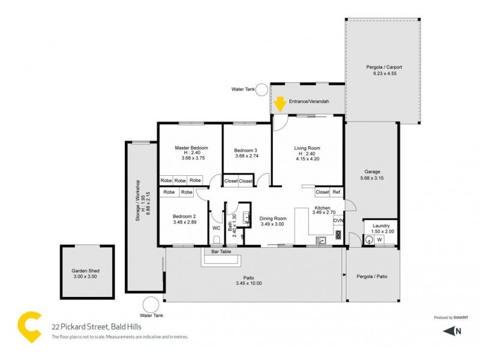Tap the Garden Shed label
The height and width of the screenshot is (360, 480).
pos(85,271)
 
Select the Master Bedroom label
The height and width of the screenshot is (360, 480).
pos(191,148)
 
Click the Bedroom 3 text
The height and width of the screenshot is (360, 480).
pos(246,150)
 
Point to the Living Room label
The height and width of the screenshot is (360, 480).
pos(307,148)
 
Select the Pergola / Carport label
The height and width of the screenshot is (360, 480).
pos(384,67)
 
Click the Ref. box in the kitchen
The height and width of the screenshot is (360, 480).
pos(337,192)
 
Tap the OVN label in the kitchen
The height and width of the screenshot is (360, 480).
pos(338,220)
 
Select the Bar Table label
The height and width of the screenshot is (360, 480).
pos(221,252)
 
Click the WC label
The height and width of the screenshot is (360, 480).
pos(216,228)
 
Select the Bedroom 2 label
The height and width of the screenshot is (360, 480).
pos(184,216)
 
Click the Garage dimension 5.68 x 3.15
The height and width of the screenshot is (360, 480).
pos(372,178)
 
